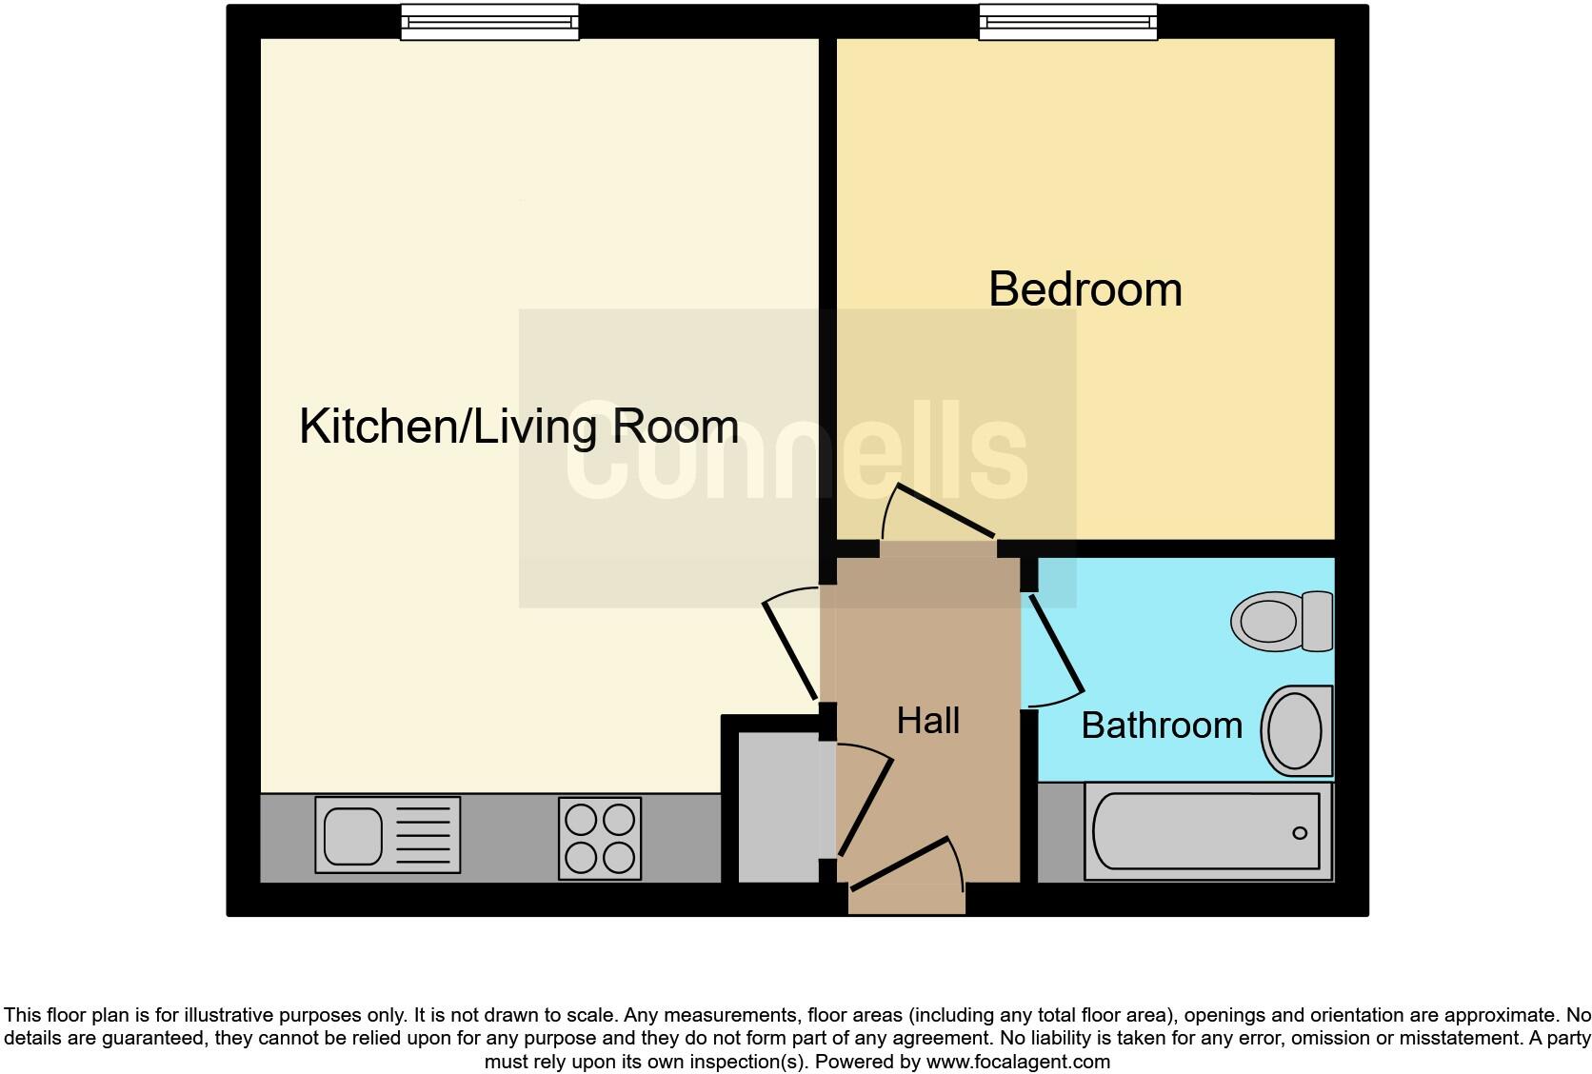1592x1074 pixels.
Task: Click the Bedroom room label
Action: point(1085,289)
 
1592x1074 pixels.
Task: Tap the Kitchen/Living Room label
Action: point(519,427)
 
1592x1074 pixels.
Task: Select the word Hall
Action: point(927,721)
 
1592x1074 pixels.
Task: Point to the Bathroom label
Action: point(1162,726)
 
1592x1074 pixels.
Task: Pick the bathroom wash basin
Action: point(1296,730)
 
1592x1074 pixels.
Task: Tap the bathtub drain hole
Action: point(1300,834)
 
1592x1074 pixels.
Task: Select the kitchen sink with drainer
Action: point(388,835)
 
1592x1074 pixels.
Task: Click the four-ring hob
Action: point(599,839)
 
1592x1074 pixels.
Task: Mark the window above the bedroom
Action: point(1068,22)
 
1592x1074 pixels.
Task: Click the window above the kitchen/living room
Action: point(489,22)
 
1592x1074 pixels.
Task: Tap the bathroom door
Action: point(1054,646)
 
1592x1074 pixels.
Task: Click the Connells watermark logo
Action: point(797,458)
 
